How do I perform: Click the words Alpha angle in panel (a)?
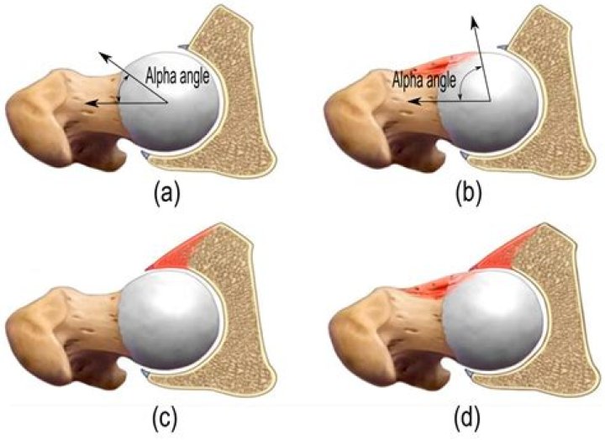point(177,76)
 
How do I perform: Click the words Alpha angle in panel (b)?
point(424,81)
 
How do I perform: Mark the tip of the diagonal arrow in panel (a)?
point(100,52)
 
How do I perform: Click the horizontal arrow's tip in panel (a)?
point(86,103)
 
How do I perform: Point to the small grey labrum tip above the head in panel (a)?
point(184,46)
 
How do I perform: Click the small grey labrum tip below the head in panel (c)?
point(145,373)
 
